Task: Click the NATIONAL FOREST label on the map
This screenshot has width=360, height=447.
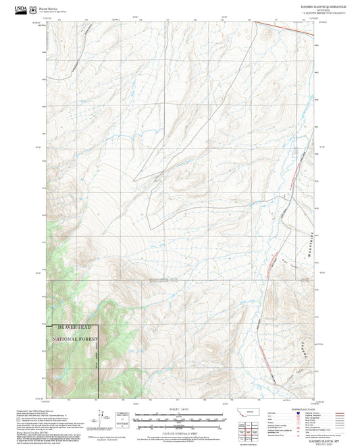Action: click(75, 338)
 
